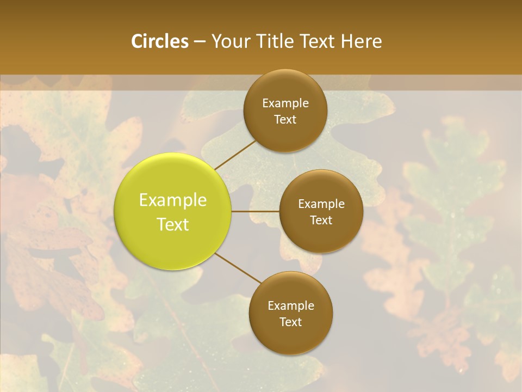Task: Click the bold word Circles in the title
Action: click(159, 41)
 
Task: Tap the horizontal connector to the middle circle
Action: click(255, 211)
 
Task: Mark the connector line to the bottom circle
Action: click(237, 268)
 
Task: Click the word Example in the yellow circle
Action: click(173, 201)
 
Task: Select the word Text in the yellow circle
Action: click(173, 224)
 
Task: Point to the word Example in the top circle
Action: click(285, 103)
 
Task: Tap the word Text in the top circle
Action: click(285, 120)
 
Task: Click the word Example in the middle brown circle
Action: click(321, 204)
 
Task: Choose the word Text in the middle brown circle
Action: click(321, 220)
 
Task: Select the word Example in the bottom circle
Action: click(291, 306)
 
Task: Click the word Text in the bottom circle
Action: click(290, 322)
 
